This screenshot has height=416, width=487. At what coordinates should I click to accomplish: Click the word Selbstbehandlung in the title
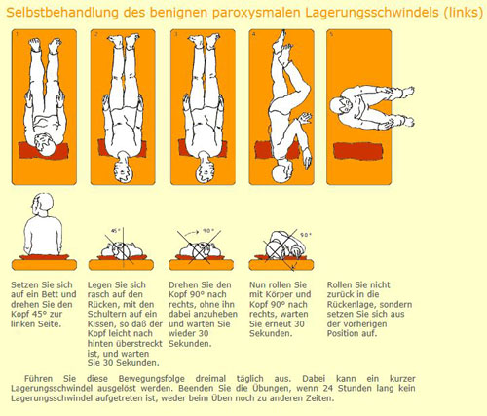(62, 13)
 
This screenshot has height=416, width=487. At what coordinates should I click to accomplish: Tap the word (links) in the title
(464, 13)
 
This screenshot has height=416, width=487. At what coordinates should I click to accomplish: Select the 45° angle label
(116, 231)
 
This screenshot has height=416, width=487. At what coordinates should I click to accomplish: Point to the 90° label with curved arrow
(208, 231)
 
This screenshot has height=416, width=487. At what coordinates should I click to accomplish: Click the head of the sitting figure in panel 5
(341, 106)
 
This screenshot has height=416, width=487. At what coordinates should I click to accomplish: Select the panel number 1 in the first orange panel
(16, 34)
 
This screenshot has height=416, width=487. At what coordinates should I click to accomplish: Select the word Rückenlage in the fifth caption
(351, 304)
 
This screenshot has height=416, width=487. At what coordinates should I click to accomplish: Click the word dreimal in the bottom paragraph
(210, 379)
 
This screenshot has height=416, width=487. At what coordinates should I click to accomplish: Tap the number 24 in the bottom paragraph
(328, 388)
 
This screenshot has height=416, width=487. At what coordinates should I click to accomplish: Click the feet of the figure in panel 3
(204, 42)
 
